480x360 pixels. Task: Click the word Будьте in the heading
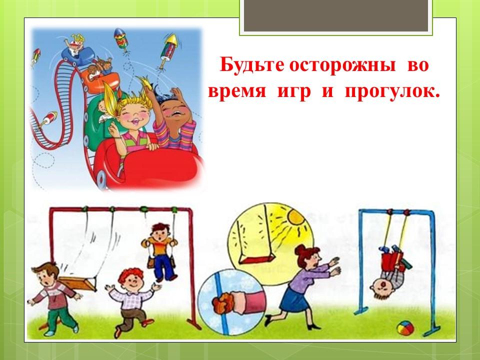click(x=251, y=65)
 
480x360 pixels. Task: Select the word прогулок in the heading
click(x=392, y=91)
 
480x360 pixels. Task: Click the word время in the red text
click(x=237, y=91)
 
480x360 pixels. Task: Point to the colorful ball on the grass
click(x=405, y=328)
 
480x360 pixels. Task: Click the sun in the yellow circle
click(x=296, y=217)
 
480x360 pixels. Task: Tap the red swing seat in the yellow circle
click(x=257, y=259)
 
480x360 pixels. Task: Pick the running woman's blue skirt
click(x=293, y=300)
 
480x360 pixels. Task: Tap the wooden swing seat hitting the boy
click(x=77, y=283)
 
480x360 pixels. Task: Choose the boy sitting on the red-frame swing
click(x=159, y=251)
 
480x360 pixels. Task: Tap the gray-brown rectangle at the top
click(x=336, y=15)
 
